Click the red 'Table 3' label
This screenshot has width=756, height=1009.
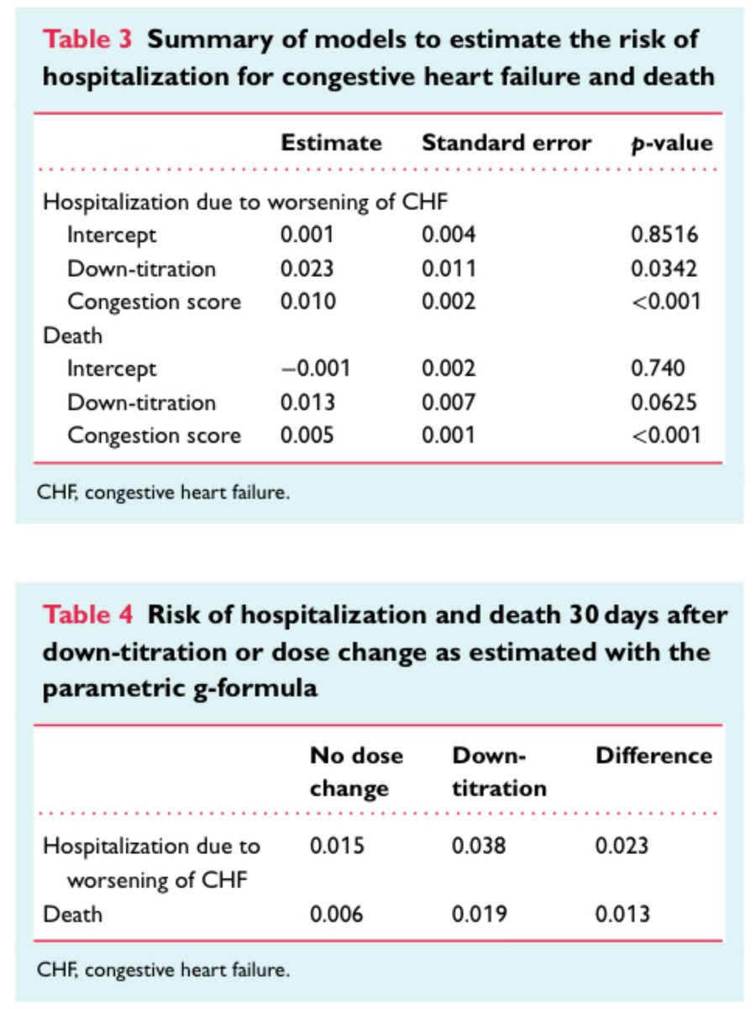point(87,39)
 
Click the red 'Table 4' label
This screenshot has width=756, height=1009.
point(87,615)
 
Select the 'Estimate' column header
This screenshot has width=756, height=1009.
point(331,143)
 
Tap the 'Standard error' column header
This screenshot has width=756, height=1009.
point(507,143)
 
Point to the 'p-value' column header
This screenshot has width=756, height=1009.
point(672,144)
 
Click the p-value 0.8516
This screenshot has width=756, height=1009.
point(664,235)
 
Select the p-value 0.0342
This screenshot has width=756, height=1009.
point(664,268)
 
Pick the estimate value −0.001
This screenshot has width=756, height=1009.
point(316,368)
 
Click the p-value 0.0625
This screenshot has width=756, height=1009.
point(664,402)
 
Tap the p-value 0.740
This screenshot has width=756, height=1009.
point(658,368)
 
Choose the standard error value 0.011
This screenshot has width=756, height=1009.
point(449,268)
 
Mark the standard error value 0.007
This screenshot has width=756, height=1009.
point(449,402)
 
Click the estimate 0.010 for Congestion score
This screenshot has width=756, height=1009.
point(308,302)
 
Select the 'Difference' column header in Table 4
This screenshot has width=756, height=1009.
point(654,756)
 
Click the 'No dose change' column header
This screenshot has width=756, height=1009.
point(357,773)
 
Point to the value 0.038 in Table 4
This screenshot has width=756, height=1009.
point(479,846)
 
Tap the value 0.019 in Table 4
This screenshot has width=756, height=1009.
point(479,914)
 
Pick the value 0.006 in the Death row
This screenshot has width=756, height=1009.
point(337,914)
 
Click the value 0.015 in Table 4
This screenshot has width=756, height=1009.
point(337,846)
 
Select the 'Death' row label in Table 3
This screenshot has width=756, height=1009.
point(72,335)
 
